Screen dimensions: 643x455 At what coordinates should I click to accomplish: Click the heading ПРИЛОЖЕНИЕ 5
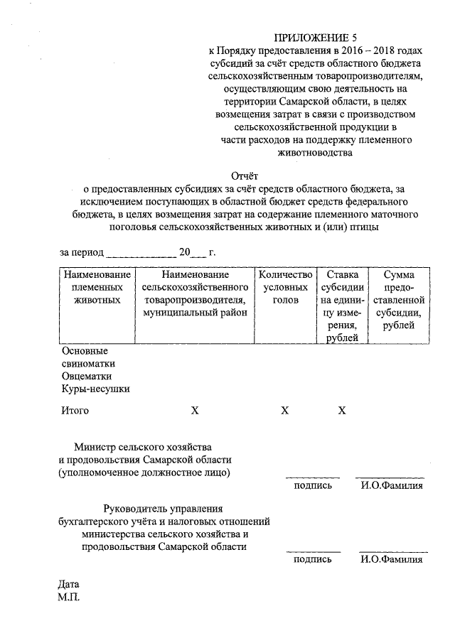(x=314, y=37)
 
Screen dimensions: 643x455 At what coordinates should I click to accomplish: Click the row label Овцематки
(x=86, y=375)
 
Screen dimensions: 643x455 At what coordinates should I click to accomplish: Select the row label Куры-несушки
(x=96, y=388)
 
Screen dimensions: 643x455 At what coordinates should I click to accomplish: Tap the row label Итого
(x=75, y=411)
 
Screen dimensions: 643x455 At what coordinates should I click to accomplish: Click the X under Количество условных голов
(x=285, y=411)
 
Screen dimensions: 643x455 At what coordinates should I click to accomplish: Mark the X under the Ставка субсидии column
(x=342, y=411)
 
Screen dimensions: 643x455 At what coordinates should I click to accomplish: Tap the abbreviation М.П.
(x=70, y=598)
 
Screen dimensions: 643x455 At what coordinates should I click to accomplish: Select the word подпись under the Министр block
(x=313, y=486)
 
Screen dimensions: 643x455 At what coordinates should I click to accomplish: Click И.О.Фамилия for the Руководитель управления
(x=392, y=560)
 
